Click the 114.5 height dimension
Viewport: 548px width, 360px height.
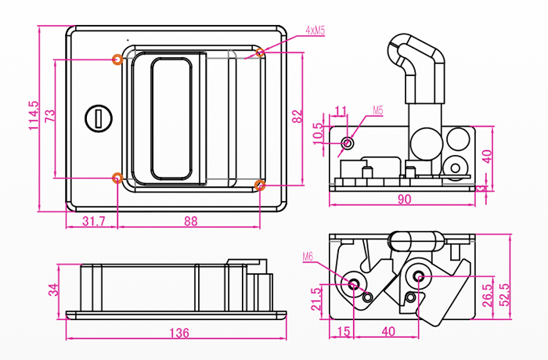click(33, 116)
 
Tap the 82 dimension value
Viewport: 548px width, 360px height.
click(297, 117)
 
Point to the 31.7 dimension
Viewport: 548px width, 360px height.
click(93, 221)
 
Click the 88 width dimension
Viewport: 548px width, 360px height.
click(190, 221)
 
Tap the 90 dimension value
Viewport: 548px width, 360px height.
click(404, 200)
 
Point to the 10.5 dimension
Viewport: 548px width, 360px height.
click(317, 132)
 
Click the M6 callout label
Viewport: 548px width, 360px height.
click(308, 256)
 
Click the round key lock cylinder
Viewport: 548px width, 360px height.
click(99, 118)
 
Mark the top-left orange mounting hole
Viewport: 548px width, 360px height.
click(117, 59)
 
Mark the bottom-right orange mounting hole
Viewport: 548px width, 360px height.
click(260, 185)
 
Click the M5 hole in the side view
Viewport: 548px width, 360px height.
click(348, 144)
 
